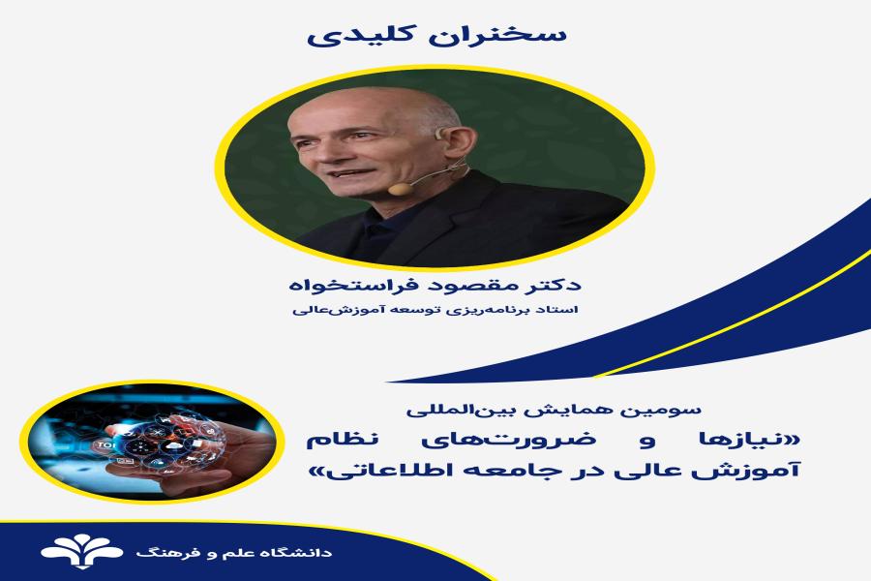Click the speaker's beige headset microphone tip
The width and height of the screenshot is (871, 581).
(399, 189)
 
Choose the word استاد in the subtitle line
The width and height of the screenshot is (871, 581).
(562, 310)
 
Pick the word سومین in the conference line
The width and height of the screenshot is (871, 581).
(676, 411)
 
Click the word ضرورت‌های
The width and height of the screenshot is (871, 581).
(508, 441)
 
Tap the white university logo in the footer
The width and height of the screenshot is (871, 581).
(81, 552)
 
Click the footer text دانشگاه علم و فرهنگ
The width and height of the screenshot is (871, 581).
(233, 553)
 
